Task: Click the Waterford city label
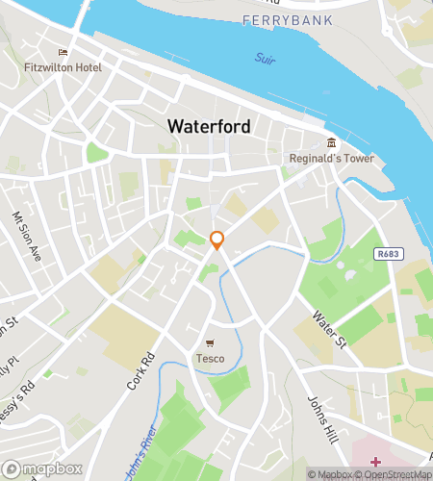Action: (209, 126)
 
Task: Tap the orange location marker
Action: (217, 240)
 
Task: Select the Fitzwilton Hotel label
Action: (64, 68)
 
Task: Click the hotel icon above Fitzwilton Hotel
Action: (64, 53)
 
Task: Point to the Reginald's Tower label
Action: (331, 158)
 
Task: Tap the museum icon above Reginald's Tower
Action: (331, 142)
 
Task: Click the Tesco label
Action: (211, 359)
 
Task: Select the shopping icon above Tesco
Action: (211, 343)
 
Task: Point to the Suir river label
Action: (266, 59)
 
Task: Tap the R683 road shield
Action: (388, 254)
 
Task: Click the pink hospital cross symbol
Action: (375, 463)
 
